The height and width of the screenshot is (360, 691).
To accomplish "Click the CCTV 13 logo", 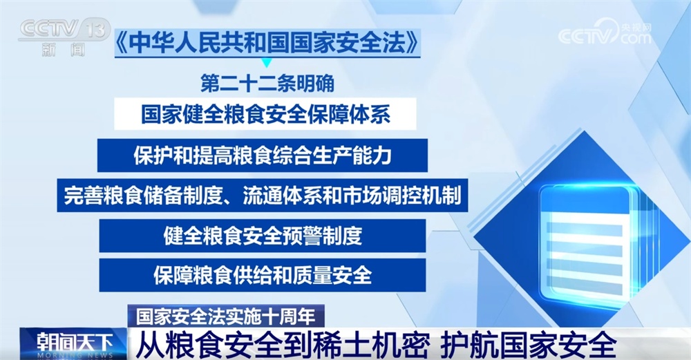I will [x=63, y=35].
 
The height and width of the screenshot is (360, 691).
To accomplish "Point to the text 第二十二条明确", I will [x=267, y=84].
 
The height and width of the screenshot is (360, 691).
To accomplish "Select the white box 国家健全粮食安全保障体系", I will [x=266, y=114].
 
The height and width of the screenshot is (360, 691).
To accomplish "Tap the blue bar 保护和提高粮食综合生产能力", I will [x=263, y=155].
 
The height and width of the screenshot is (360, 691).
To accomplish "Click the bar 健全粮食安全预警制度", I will [x=263, y=236].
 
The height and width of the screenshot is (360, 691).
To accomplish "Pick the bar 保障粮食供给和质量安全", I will [x=263, y=275].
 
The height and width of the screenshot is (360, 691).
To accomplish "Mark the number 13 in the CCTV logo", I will [x=97, y=28].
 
